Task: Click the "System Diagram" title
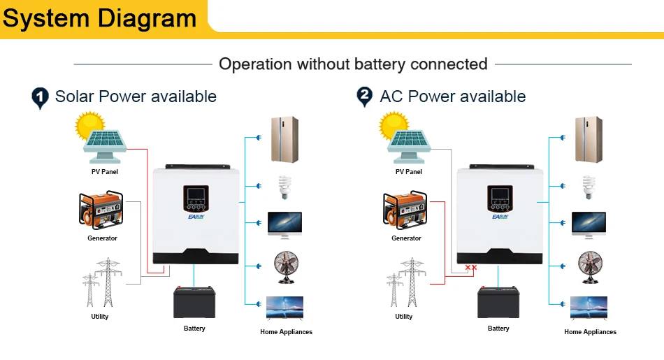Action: pyautogui.click(x=99, y=17)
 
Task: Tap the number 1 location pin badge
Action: pyautogui.click(x=41, y=97)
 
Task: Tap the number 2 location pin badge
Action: pyautogui.click(x=365, y=97)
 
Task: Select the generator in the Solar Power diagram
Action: pyautogui.click(x=102, y=210)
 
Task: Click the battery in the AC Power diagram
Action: pyautogui.click(x=498, y=303)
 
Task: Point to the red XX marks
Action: pyautogui.click(x=471, y=268)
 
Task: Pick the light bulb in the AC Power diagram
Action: pyautogui.click(x=589, y=187)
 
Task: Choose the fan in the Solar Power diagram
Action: pyautogui.click(x=285, y=266)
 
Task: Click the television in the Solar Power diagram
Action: pyautogui.click(x=285, y=308)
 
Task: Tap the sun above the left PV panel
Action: pyautogui.click(x=90, y=128)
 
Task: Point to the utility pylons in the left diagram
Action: pyautogui.click(x=99, y=282)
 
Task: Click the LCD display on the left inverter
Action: pyautogui.click(x=196, y=194)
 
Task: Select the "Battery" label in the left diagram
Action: pyautogui.click(x=194, y=329)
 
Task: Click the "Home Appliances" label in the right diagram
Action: pyautogui.click(x=590, y=332)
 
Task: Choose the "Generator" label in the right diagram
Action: pyautogui.click(x=406, y=238)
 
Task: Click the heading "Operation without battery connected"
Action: pyautogui.click(x=353, y=64)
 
